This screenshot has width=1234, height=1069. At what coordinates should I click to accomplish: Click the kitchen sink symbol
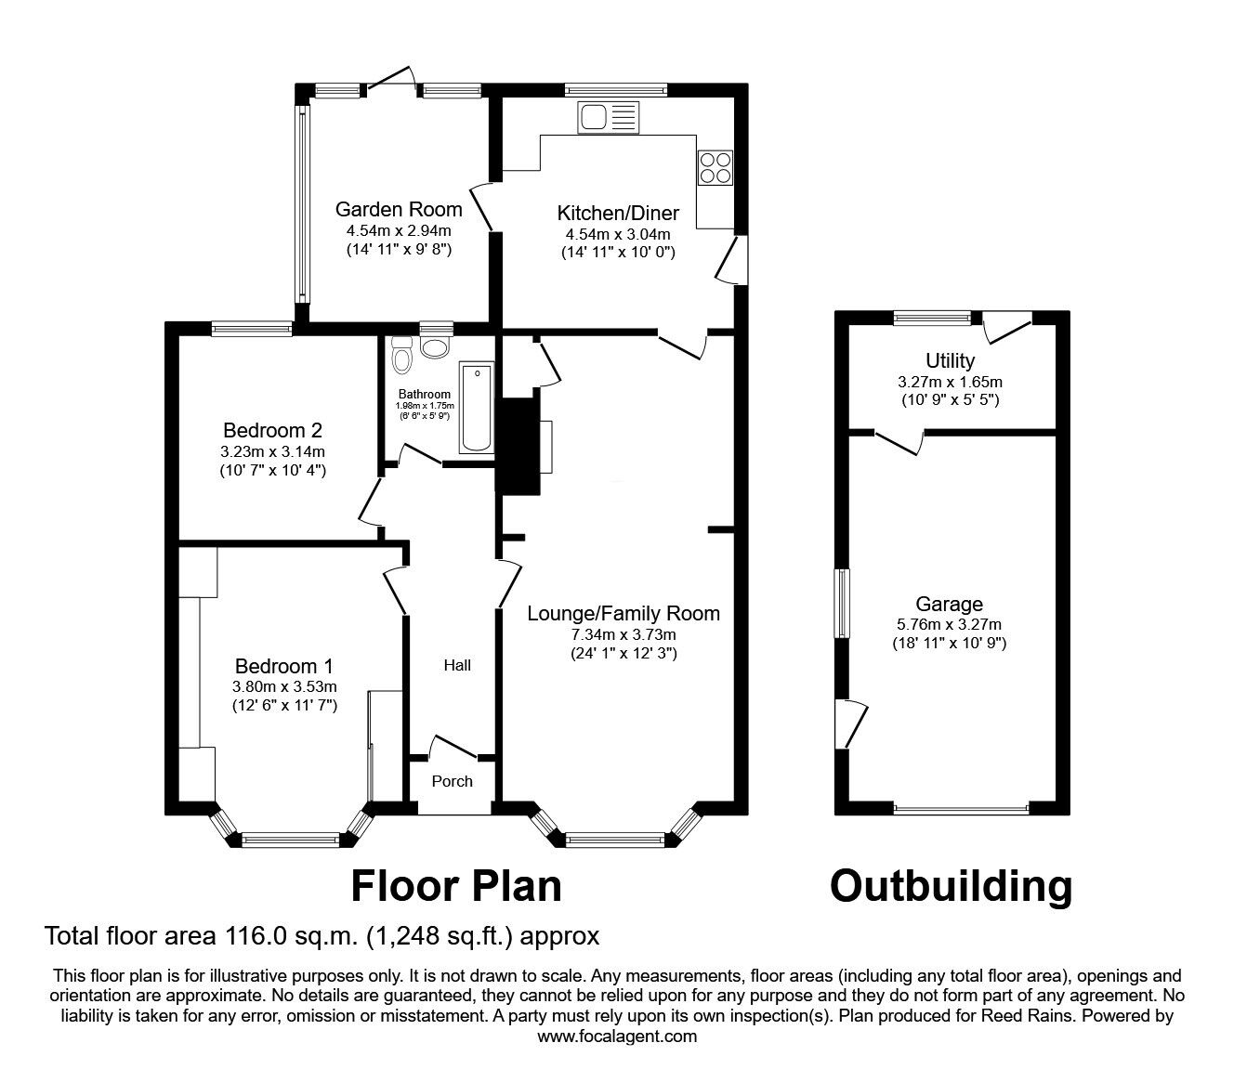coord(608,117)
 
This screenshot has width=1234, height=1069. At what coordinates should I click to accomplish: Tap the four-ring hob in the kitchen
coord(715,168)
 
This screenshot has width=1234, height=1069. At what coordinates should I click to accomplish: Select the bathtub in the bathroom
coord(477,409)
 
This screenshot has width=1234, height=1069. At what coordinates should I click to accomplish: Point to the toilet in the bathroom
coord(401,355)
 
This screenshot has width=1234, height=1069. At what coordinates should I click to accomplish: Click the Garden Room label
coord(399,210)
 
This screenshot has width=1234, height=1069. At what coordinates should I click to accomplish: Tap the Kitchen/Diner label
coord(618,213)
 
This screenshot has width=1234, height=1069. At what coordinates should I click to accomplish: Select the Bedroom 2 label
coord(273,430)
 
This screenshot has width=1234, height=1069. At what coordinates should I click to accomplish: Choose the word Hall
coord(457,666)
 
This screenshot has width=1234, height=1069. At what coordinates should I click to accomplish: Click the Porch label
coord(452,781)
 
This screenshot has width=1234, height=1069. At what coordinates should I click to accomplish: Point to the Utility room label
coord(950,361)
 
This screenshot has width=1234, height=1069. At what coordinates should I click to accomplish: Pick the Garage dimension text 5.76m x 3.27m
coord(950,625)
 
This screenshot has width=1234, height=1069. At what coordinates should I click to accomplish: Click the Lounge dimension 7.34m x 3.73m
coord(624,634)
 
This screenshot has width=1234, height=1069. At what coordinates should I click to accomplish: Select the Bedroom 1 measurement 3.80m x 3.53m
coord(284,687)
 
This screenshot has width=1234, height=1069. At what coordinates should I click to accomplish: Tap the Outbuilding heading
coord(951,886)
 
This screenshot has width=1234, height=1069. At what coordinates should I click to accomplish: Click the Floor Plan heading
coord(456,886)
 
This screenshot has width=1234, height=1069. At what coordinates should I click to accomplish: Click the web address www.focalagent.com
coord(617,1036)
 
